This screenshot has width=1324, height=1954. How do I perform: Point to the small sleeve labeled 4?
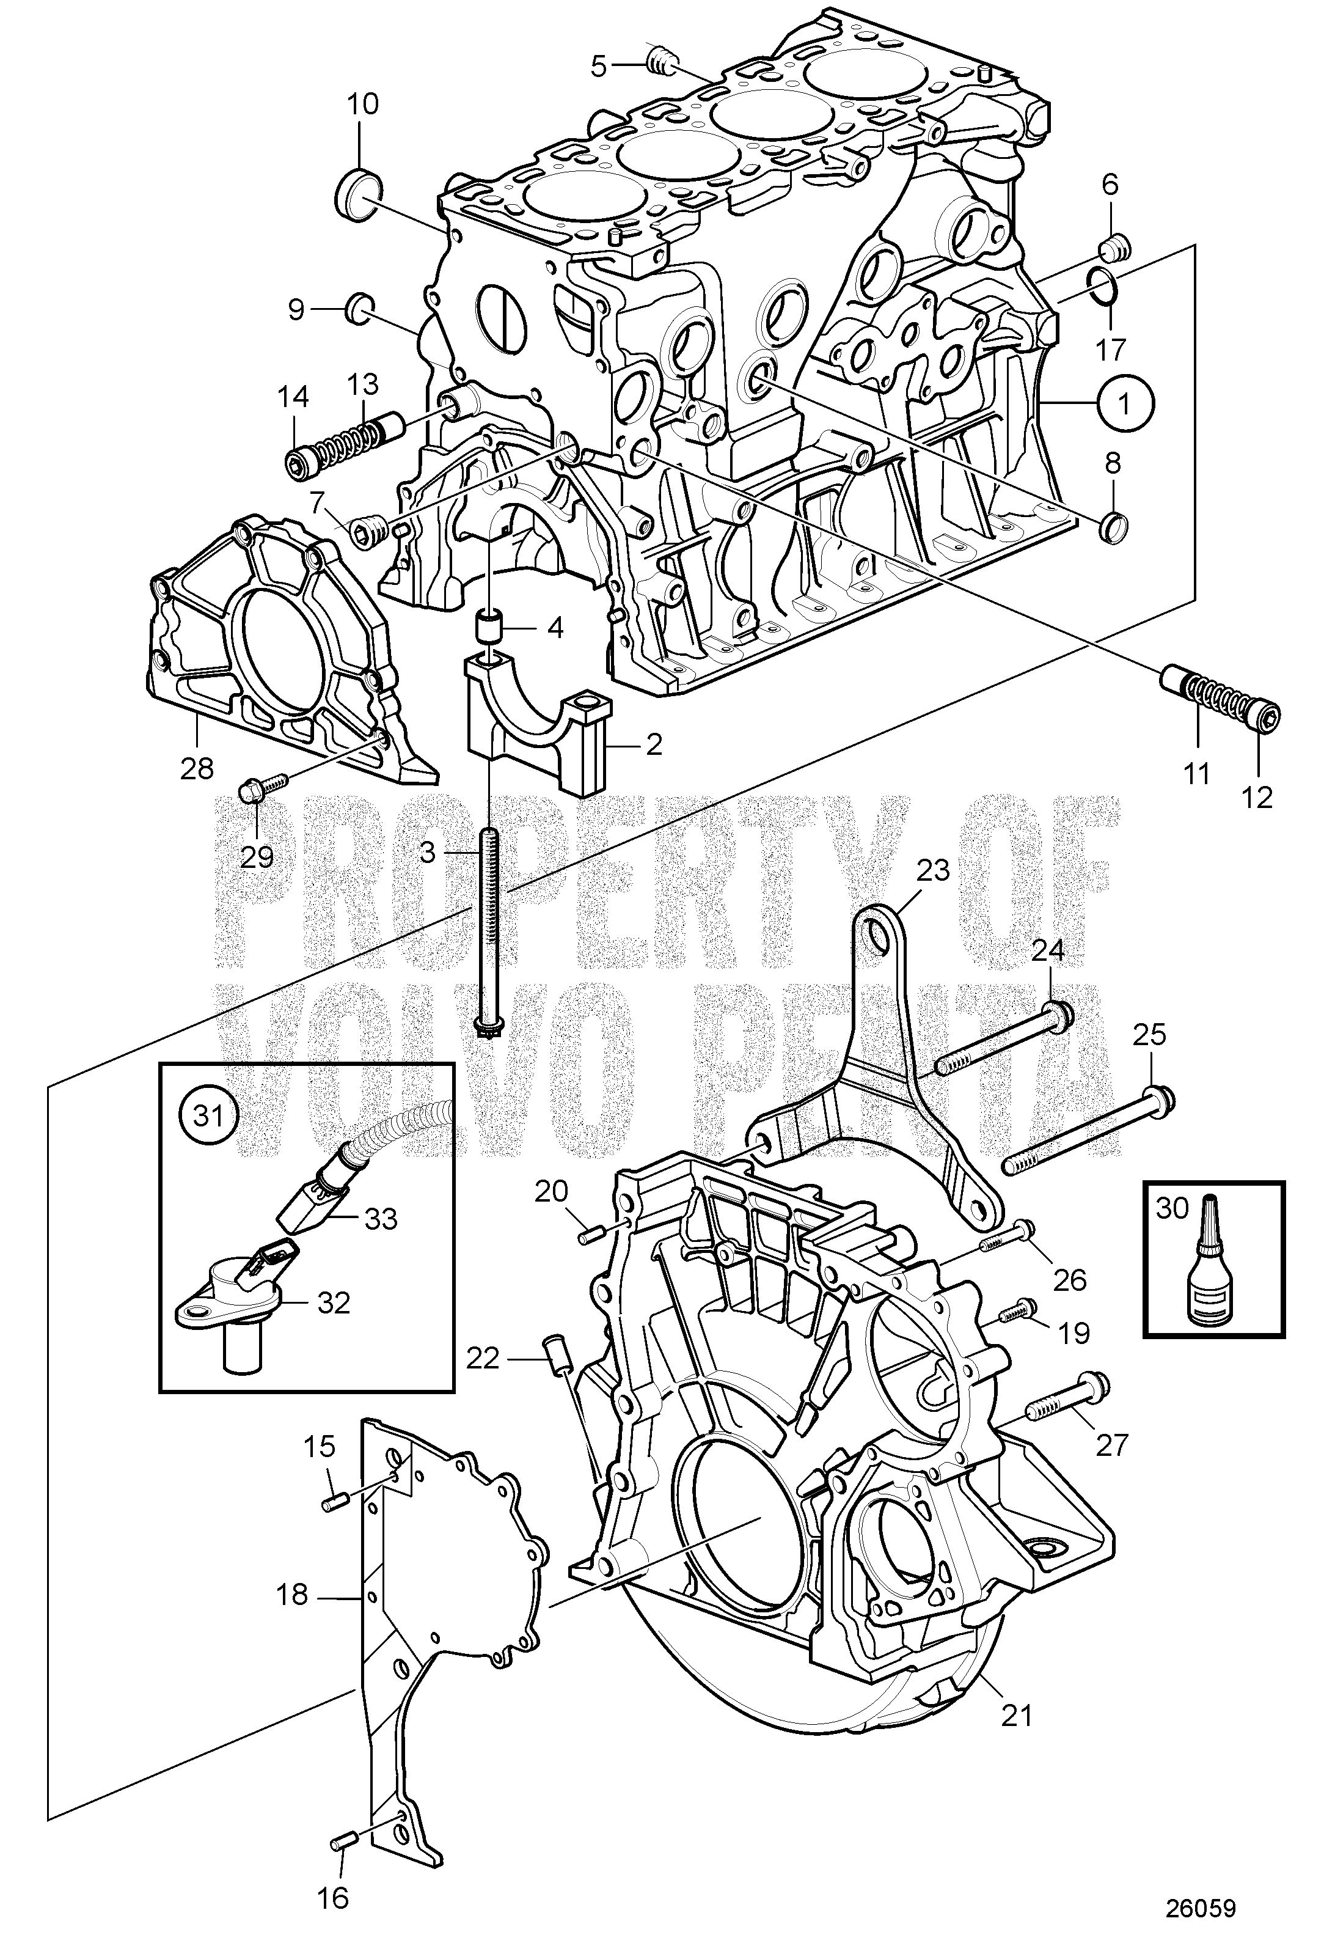(489, 626)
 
